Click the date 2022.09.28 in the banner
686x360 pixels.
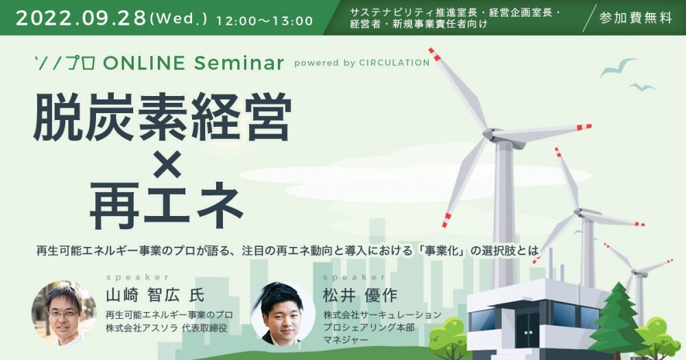click(x=82, y=19)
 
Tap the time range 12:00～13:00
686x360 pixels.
click(x=265, y=21)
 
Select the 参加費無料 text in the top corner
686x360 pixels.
click(x=636, y=18)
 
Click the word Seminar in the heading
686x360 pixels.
click(x=239, y=63)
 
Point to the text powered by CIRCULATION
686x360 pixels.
click(x=362, y=63)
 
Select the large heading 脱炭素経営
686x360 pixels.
click(x=163, y=117)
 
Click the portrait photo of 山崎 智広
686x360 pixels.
click(x=64, y=313)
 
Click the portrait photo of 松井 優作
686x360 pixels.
click(x=283, y=313)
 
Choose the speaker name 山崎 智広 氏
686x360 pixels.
click(x=155, y=296)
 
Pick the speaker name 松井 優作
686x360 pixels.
click(x=360, y=296)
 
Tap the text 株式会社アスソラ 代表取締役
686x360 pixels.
click(x=166, y=328)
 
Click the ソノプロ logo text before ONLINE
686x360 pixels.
click(x=64, y=63)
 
